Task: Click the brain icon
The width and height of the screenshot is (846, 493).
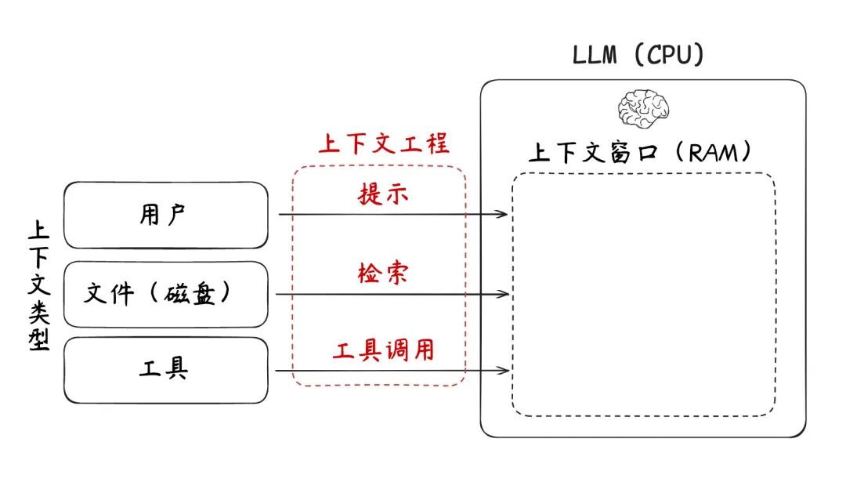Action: point(643,108)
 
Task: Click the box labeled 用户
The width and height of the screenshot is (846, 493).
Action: point(165,215)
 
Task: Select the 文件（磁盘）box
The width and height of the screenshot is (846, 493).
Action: point(165,294)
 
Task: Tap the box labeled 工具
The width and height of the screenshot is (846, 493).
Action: point(165,370)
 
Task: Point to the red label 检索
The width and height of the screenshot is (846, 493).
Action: point(383,274)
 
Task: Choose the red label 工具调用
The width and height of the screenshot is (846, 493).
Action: point(383,350)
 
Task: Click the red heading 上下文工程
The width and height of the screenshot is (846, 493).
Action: point(383,143)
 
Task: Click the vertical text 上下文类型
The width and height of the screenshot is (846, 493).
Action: point(38,285)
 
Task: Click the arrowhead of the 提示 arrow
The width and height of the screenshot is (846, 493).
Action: point(506,213)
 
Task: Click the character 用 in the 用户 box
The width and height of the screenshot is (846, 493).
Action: point(150,215)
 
